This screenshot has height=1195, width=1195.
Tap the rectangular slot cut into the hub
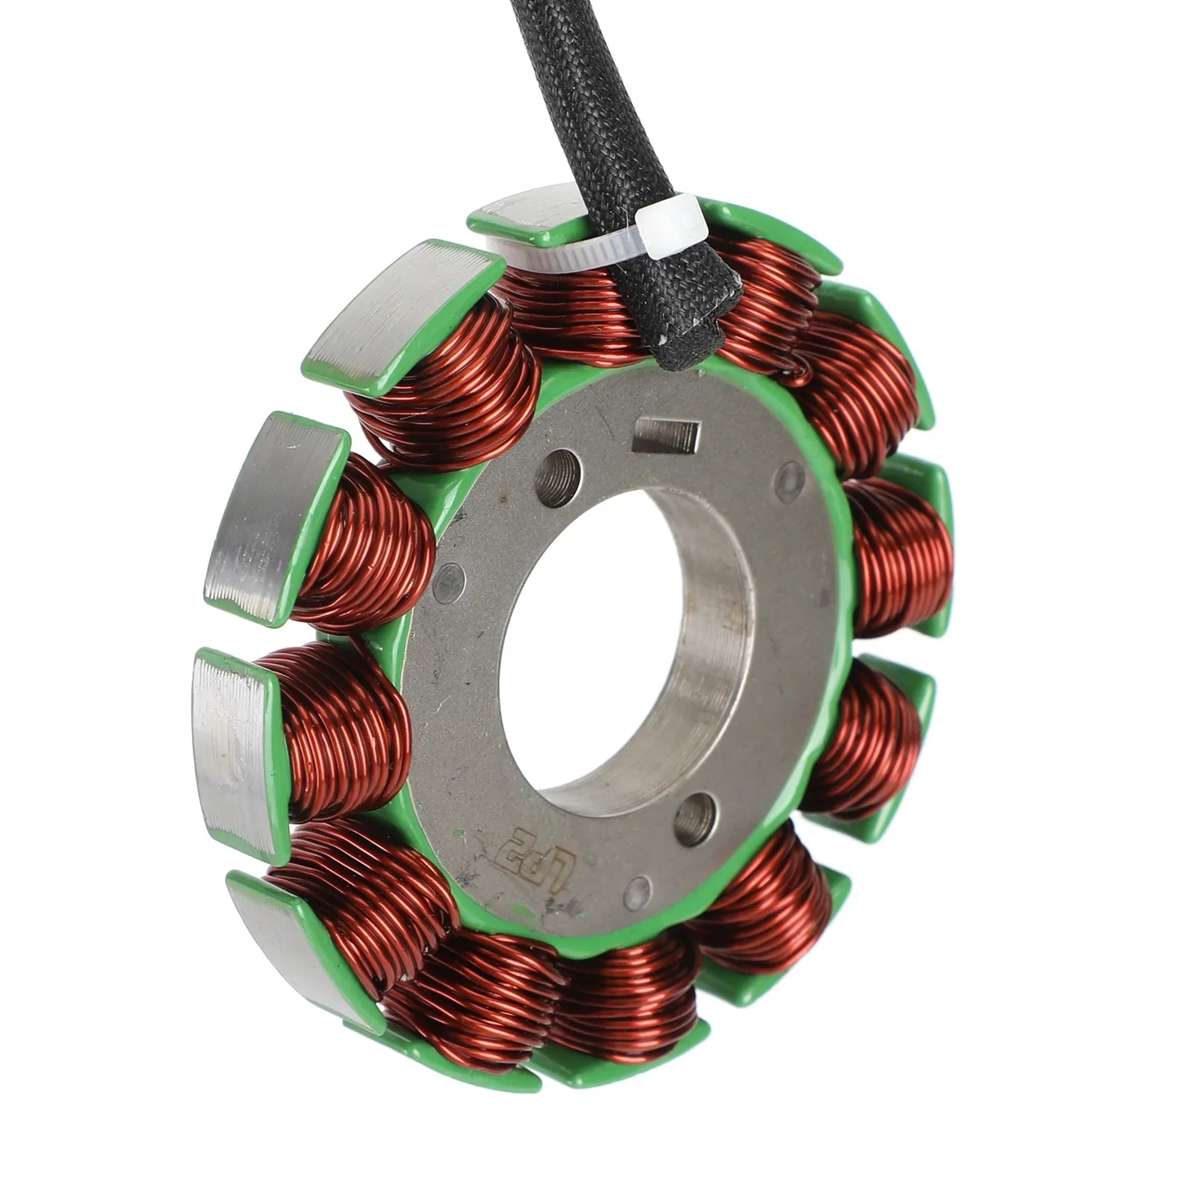(x=666, y=436)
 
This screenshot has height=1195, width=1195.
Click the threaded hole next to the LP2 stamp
(x=695, y=819)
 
